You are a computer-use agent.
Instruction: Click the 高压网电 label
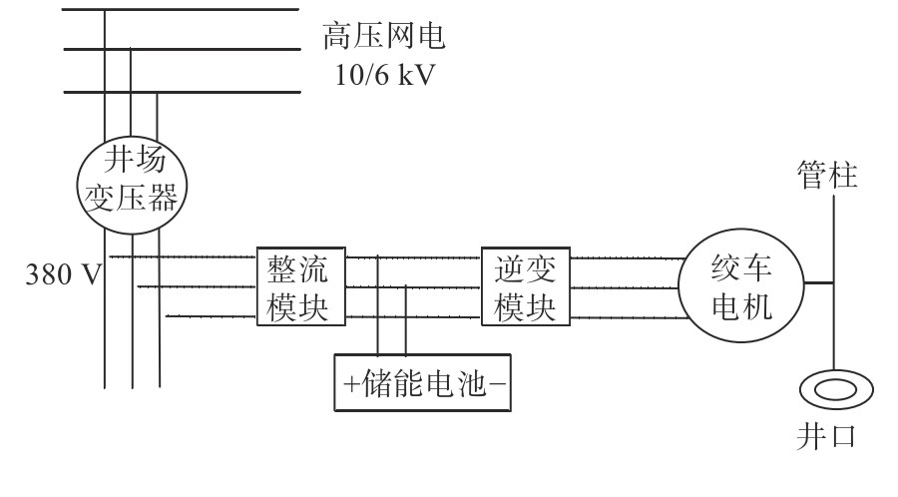tap(382, 38)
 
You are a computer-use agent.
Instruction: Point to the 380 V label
tap(63, 274)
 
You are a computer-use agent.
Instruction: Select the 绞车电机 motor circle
tap(740, 286)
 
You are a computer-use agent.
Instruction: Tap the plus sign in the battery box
tap(350, 383)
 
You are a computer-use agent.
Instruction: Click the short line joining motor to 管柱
tap(819, 282)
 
